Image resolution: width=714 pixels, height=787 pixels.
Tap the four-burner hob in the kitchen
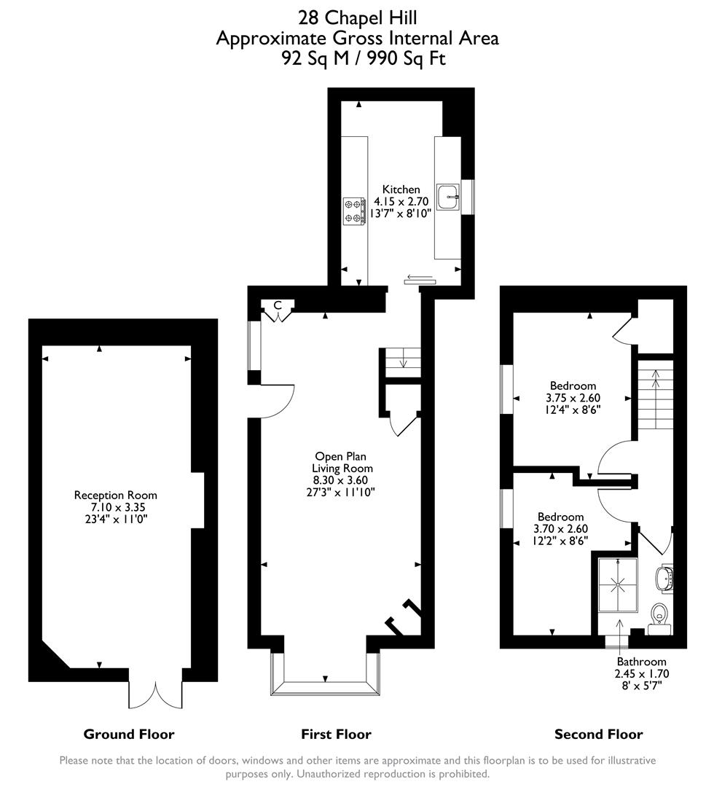(353, 210)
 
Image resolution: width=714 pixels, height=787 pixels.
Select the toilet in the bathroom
(659, 614)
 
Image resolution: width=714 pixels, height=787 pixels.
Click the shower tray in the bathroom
(618, 585)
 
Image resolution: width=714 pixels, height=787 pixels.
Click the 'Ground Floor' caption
(129, 734)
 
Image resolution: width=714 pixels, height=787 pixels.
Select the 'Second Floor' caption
(598, 734)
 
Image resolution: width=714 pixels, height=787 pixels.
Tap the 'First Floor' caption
(336, 734)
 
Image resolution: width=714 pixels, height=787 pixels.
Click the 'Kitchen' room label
(401, 189)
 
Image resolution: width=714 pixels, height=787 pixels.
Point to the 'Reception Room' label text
(116, 495)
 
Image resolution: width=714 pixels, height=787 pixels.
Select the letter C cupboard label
(278, 305)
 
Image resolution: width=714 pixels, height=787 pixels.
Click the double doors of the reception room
(156, 694)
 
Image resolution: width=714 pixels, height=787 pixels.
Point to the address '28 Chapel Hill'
(357, 16)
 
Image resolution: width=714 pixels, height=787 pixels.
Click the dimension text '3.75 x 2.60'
(572, 398)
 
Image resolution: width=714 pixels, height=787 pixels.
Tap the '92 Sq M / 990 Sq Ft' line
(357, 58)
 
